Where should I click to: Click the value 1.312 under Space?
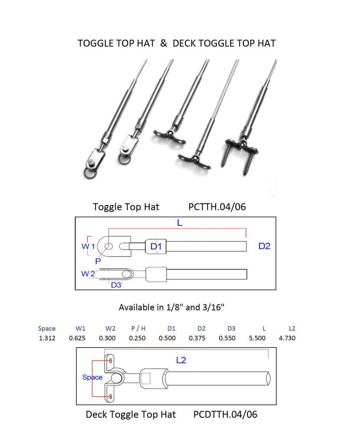[46, 338]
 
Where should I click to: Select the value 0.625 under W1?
[77, 338]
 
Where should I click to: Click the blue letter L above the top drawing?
[180, 222]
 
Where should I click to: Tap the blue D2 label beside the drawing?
[264, 246]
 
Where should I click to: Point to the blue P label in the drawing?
[98, 261]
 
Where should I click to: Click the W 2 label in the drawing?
[88, 274]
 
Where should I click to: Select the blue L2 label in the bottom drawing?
[181, 360]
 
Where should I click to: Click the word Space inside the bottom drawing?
[92, 377]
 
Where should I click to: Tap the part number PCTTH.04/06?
[217, 207]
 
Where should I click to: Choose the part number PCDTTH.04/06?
[225, 415]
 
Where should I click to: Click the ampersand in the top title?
[164, 43]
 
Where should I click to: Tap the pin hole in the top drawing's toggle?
[108, 247]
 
